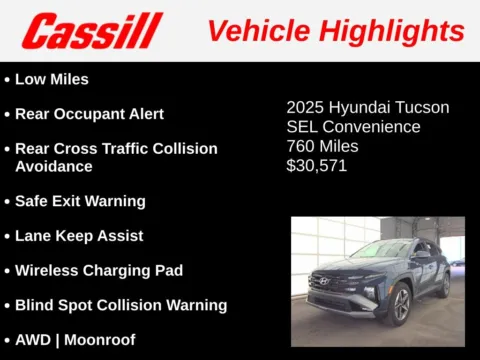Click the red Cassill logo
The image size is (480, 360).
point(91,31)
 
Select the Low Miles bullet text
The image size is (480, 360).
point(51,79)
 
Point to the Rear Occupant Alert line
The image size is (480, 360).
point(89,114)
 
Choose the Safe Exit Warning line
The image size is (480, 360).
point(80,201)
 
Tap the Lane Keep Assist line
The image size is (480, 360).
point(79,236)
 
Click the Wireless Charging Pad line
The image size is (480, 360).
point(98,270)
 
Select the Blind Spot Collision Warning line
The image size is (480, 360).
point(120,305)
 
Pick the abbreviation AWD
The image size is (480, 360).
point(34,340)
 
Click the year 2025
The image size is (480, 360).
point(306,107)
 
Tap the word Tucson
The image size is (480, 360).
point(423,107)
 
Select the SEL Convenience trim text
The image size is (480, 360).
point(353,127)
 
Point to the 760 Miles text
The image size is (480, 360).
point(322,147)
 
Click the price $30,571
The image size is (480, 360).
point(317,166)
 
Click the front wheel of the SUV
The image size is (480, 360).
point(401,303)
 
